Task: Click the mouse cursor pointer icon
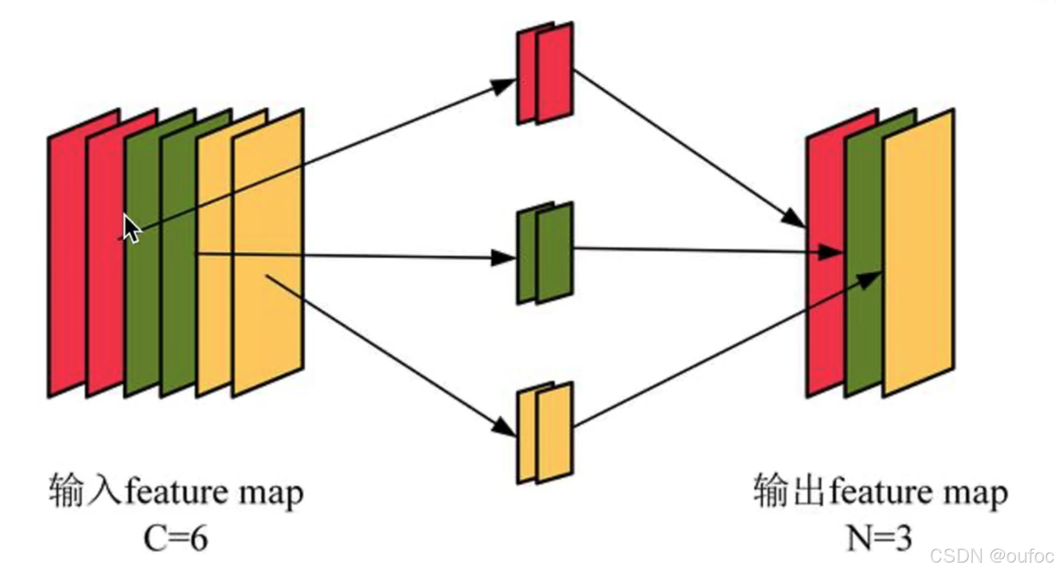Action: click(x=131, y=228)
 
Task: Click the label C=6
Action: click(x=176, y=538)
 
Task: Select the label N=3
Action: click(x=879, y=538)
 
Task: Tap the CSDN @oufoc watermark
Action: click(x=991, y=556)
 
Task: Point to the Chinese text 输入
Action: click(x=85, y=490)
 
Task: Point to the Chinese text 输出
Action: click(x=789, y=490)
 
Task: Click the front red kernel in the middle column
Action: click(x=555, y=73)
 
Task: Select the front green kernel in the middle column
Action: click(x=555, y=253)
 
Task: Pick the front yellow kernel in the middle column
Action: click(x=555, y=433)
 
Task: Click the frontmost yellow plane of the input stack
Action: click(x=268, y=252)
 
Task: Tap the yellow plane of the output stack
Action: click(x=919, y=252)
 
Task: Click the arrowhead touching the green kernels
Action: click(x=503, y=257)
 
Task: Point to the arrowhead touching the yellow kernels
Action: click(x=504, y=427)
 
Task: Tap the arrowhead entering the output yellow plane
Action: click(x=869, y=279)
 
